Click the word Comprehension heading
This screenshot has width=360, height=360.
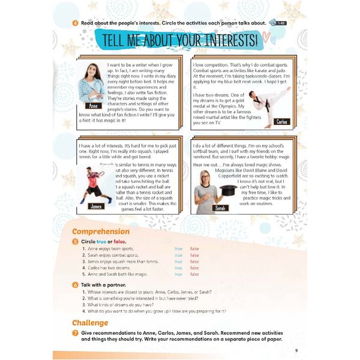pos(100,231)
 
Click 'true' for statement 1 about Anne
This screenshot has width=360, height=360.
pos(178,248)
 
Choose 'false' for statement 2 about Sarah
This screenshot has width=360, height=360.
pos(194,255)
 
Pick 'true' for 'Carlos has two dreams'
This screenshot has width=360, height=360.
pos(178,268)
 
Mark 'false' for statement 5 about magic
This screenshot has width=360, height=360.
pos(194,274)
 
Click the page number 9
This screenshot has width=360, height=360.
pos(296,350)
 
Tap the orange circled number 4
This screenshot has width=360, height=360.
pos(74,23)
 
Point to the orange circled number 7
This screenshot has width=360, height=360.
pos(74,333)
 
